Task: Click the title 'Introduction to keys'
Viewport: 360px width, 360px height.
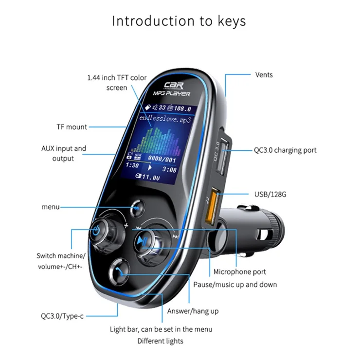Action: coord(179,21)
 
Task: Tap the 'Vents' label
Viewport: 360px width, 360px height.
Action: coord(264,75)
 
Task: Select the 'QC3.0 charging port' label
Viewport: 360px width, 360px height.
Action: coord(285,150)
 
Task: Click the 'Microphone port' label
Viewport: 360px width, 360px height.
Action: coord(240,272)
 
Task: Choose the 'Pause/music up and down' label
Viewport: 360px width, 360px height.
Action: coord(235,284)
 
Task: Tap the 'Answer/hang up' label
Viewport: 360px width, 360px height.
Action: coord(193,311)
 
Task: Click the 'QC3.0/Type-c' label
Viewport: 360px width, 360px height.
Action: coord(62,316)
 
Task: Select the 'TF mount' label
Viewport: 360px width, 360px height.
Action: coord(72,127)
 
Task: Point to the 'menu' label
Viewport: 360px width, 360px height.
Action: coord(51,207)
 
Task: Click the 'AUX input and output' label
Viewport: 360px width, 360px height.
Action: coord(64,153)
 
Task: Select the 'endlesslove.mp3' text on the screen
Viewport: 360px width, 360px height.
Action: coord(166,118)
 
